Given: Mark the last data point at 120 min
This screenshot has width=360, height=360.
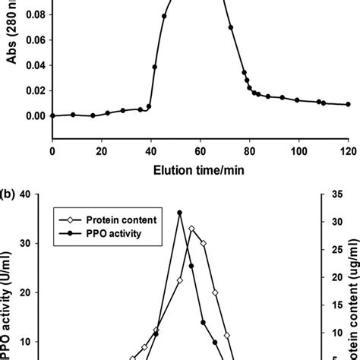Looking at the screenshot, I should (x=348, y=105).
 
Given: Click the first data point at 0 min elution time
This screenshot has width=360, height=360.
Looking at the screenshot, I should (x=52, y=115).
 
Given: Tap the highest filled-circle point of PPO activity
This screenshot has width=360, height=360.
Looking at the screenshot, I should (x=180, y=213).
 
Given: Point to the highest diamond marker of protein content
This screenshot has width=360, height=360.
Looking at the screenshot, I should (x=191, y=229).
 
